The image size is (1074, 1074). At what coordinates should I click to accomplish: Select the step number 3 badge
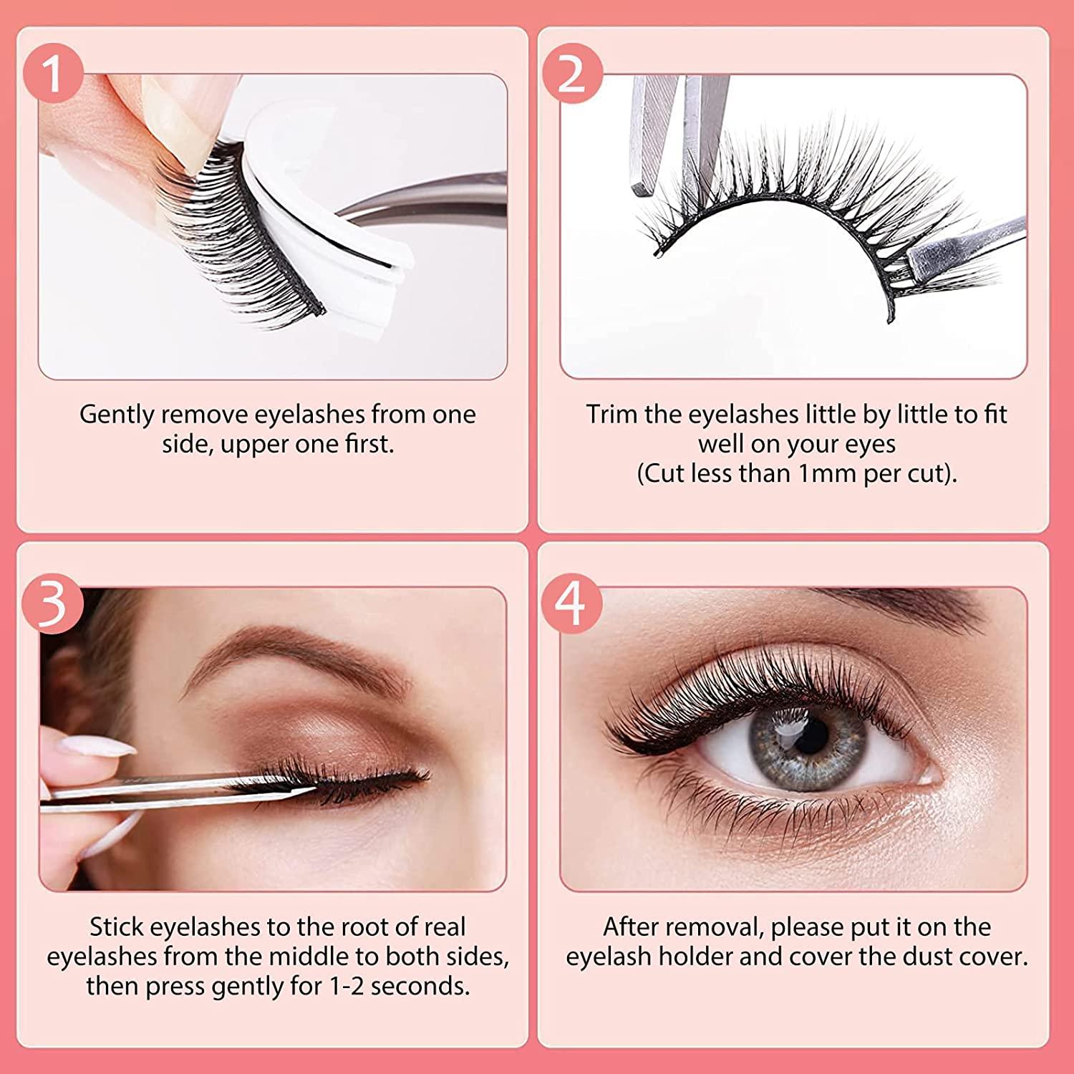pos(53,604)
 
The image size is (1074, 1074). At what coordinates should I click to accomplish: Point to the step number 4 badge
pos(571,604)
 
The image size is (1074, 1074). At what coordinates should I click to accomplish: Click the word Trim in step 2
pos(612,415)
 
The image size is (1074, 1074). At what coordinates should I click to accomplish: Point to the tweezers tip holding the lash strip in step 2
pos(924,254)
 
